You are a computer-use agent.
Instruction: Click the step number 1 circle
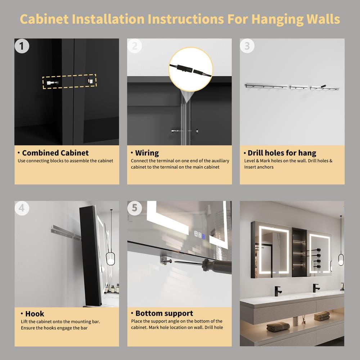pyautogui.click(x=22, y=46)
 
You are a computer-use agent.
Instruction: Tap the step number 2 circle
pyautogui.click(x=135, y=46)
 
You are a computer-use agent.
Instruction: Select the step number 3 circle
pyautogui.click(x=247, y=46)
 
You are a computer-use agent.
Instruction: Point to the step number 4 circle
pyautogui.click(x=22, y=208)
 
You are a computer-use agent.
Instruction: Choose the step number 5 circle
pyautogui.click(x=135, y=208)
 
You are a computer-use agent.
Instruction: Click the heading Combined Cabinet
pyautogui.click(x=55, y=153)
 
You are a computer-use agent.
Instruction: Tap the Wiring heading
pyautogui.click(x=147, y=153)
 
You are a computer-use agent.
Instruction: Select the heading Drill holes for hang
pyautogui.click(x=282, y=153)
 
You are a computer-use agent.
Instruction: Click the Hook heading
pyautogui.click(x=35, y=314)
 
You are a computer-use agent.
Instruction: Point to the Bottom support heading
pyautogui.click(x=164, y=314)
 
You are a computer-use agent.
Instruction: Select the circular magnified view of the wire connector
pyautogui.click(x=190, y=69)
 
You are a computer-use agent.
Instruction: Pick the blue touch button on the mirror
pyautogui.click(x=203, y=236)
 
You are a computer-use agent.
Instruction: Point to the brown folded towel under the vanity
pyautogui.click(x=278, y=327)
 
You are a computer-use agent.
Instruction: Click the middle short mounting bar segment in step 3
pyautogui.click(x=299, y=87)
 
